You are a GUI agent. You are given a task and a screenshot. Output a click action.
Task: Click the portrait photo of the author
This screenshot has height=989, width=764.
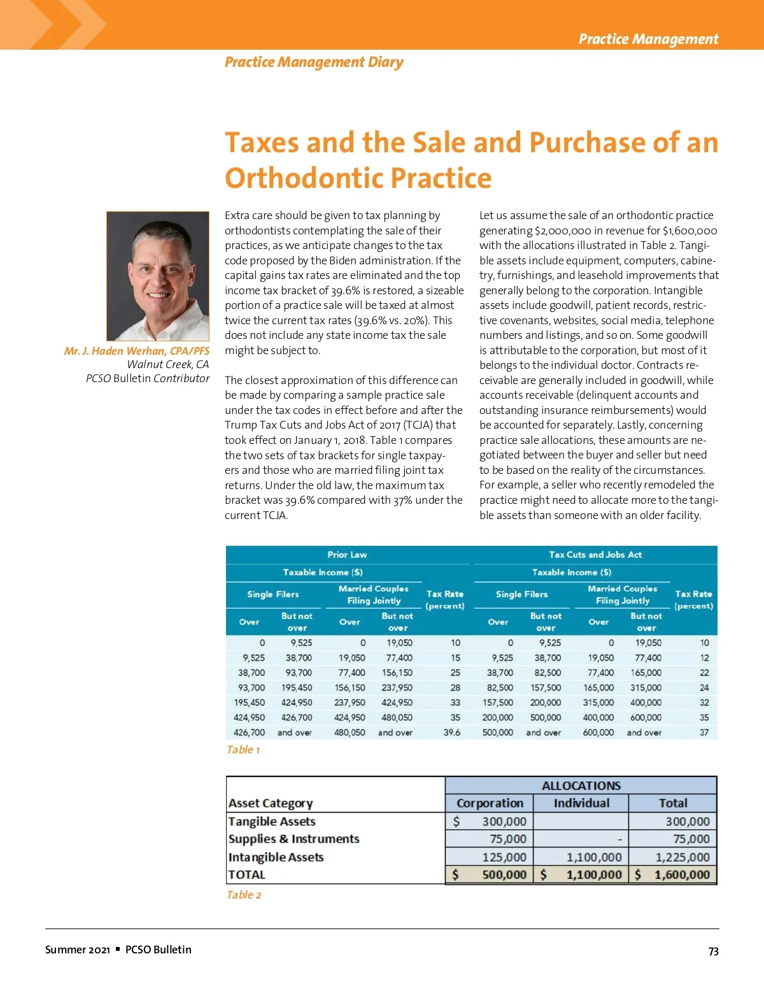[x=158, y=276]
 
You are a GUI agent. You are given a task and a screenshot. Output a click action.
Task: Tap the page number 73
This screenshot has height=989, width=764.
[x=713, y=951]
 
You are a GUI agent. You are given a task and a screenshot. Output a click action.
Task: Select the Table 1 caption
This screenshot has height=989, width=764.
[x=243, y=750]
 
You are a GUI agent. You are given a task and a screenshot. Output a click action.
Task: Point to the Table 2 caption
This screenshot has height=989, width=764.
[x=244, y=895]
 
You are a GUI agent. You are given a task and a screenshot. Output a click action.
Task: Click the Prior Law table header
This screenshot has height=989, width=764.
[x=347, y=555]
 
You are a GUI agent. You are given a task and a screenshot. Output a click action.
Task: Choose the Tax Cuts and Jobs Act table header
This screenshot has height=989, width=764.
[x=595, y=555]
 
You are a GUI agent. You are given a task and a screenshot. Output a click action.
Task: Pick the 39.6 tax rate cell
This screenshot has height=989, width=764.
[x=451, y=732]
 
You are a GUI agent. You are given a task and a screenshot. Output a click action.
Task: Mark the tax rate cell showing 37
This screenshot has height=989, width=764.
[x=704, y=732]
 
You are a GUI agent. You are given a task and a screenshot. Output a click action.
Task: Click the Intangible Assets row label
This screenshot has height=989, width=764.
[x=276, y=857]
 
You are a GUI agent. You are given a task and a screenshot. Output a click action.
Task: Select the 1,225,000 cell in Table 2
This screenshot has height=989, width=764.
[x=683, y=857]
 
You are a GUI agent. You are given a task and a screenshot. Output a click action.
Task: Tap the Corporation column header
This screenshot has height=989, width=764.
[x=490, y=803]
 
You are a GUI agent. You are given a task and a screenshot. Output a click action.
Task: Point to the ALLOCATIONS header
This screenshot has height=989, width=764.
[x=581, y=785]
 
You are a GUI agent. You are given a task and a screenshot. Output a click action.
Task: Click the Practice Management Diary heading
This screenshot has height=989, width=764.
[x=314, y=62]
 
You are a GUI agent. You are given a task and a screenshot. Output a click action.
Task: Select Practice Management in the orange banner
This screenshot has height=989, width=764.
[x=648, y=39]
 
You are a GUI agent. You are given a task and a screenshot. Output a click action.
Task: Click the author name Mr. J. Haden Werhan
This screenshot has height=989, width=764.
[x=136, y=351]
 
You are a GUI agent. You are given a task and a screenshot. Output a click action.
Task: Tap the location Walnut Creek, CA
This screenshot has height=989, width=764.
[x=167, y=364]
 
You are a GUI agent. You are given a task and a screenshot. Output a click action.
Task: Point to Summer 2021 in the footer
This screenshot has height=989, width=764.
[x=77, y=950]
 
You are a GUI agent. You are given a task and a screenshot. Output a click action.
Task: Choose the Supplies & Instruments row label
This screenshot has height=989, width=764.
[x=294, y=839]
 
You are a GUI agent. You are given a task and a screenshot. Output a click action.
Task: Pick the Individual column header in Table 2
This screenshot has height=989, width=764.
[x=581, y=803]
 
